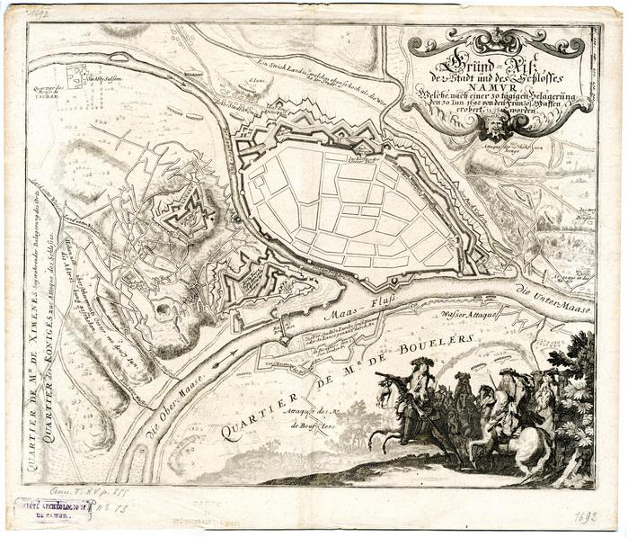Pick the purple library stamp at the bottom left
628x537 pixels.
pos(54,510)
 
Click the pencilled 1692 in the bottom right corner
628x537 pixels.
pos(587,518)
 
